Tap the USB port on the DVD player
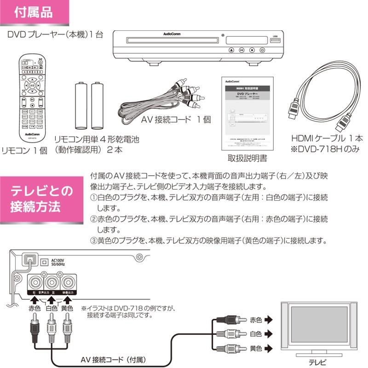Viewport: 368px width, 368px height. click(x=275, y=42)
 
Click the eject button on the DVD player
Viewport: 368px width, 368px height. click(x=230, y=50)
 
